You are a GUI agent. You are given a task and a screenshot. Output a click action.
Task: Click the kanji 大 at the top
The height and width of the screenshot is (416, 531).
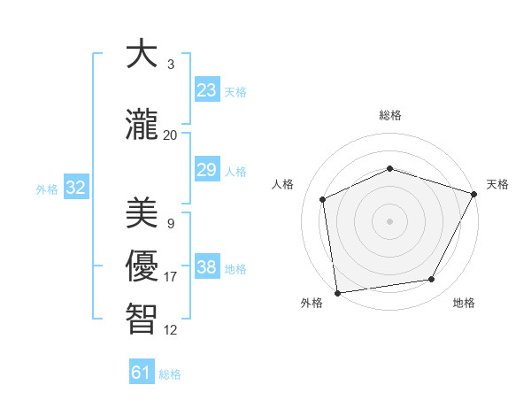pos(142,54)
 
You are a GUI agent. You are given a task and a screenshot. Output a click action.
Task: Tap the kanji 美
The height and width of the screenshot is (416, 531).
pos(142,213)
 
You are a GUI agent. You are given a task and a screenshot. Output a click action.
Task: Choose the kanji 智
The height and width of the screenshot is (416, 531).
pos(142,320)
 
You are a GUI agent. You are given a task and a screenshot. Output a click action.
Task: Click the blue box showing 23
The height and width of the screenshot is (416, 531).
pos(207,90)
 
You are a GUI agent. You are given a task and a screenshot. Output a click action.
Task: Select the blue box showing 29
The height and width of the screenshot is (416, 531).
pos(207,170)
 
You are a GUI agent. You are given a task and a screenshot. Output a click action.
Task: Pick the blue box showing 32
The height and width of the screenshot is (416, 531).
pos(75,188)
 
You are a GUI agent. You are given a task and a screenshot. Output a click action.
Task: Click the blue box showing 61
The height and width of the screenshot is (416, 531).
pos(142,373)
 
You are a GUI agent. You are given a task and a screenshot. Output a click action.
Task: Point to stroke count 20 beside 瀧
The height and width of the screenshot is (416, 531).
pos(170,135)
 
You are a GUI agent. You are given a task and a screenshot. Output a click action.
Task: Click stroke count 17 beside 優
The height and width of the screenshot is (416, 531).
pos(170,277)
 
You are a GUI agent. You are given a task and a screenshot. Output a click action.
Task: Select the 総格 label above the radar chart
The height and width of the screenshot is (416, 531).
pos(389,115)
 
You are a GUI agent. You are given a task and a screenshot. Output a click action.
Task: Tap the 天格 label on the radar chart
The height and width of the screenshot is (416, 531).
pos(497,184)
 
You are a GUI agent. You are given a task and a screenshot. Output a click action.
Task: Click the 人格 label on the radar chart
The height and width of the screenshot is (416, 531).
pos(283,184)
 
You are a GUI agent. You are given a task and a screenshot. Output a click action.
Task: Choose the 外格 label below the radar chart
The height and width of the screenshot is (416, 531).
pos(312,303)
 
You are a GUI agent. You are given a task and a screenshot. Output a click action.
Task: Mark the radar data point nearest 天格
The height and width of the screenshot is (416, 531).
pos(474,193)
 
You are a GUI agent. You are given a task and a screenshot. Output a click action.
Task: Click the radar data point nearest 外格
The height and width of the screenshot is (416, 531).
pos(337,292)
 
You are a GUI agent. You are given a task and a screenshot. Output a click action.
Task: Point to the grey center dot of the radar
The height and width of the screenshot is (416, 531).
pos(389,220)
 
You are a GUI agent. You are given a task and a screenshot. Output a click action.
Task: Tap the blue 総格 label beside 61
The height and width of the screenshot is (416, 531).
pos(170,374)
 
